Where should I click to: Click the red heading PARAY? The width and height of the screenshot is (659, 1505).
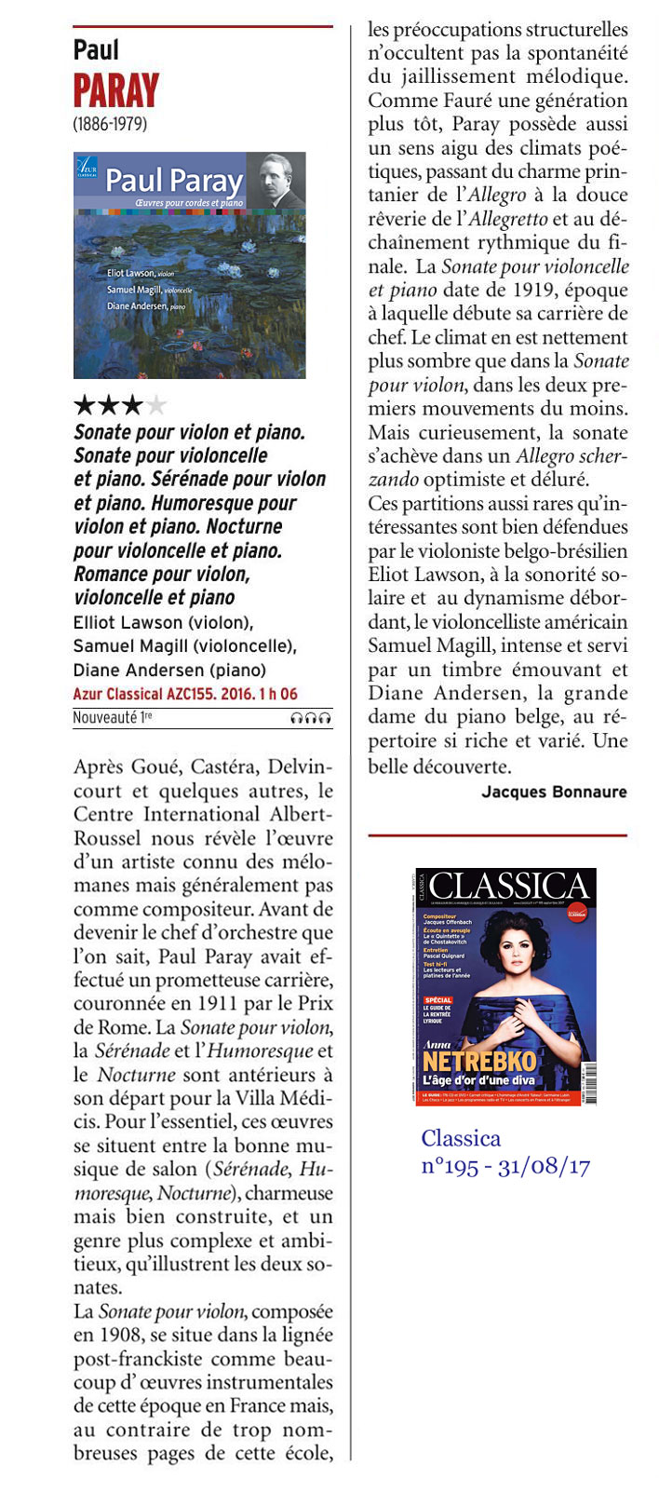coord(116,91)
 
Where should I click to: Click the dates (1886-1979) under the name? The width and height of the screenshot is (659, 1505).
coord(110,123)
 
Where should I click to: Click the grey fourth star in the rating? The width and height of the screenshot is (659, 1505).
coord(157,405)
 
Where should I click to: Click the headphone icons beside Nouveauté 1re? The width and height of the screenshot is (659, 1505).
coord(311,718)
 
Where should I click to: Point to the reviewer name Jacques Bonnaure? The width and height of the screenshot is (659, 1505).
coord(554,792)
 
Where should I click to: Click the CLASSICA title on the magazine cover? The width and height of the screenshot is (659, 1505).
coord(509,888)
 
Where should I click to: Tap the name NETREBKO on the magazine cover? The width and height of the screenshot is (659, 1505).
coord(479,1061)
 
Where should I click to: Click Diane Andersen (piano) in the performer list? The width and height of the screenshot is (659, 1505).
coord(168,670)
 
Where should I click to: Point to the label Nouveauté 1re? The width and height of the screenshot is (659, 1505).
coord(112,718)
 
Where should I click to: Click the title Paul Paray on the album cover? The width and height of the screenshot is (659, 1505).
coord(173,180)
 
